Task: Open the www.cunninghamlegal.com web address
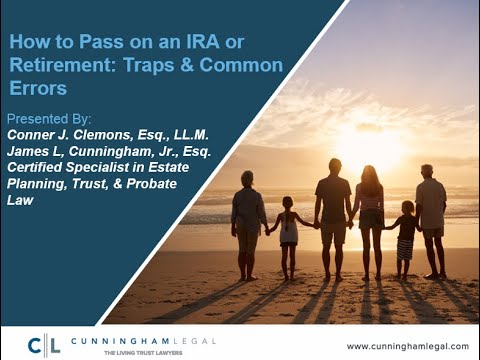pos(407,346)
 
